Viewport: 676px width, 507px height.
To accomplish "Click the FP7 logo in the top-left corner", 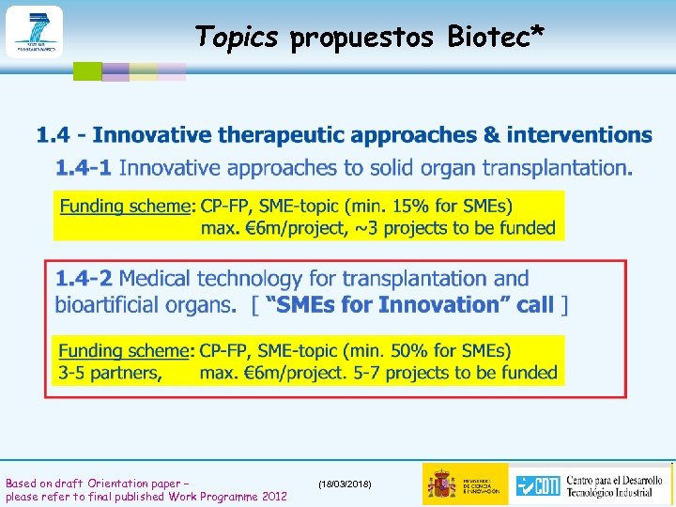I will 34,31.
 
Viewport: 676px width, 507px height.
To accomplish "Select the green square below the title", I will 87,71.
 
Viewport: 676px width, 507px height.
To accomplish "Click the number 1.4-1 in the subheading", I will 83,169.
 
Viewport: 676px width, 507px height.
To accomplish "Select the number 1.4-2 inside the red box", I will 83,279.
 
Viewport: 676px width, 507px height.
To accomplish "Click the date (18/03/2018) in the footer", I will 345,484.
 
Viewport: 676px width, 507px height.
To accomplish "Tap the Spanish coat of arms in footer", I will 441,484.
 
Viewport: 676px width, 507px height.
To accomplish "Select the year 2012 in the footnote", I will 274,497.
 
